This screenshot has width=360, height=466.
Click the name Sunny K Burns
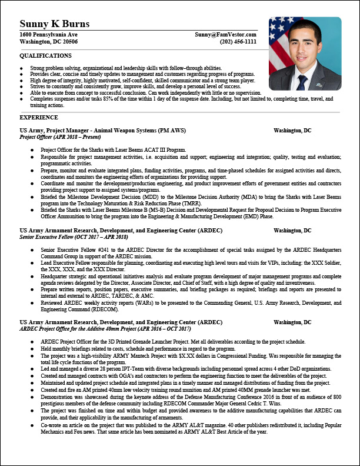pos(55,24)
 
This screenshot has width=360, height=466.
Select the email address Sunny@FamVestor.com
pos(226,35)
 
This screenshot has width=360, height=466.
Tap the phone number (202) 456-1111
pos(238,42)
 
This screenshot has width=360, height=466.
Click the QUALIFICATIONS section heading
pos(46,55)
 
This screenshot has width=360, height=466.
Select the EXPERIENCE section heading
pos(39,118)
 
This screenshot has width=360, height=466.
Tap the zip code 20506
pos(66,42)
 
